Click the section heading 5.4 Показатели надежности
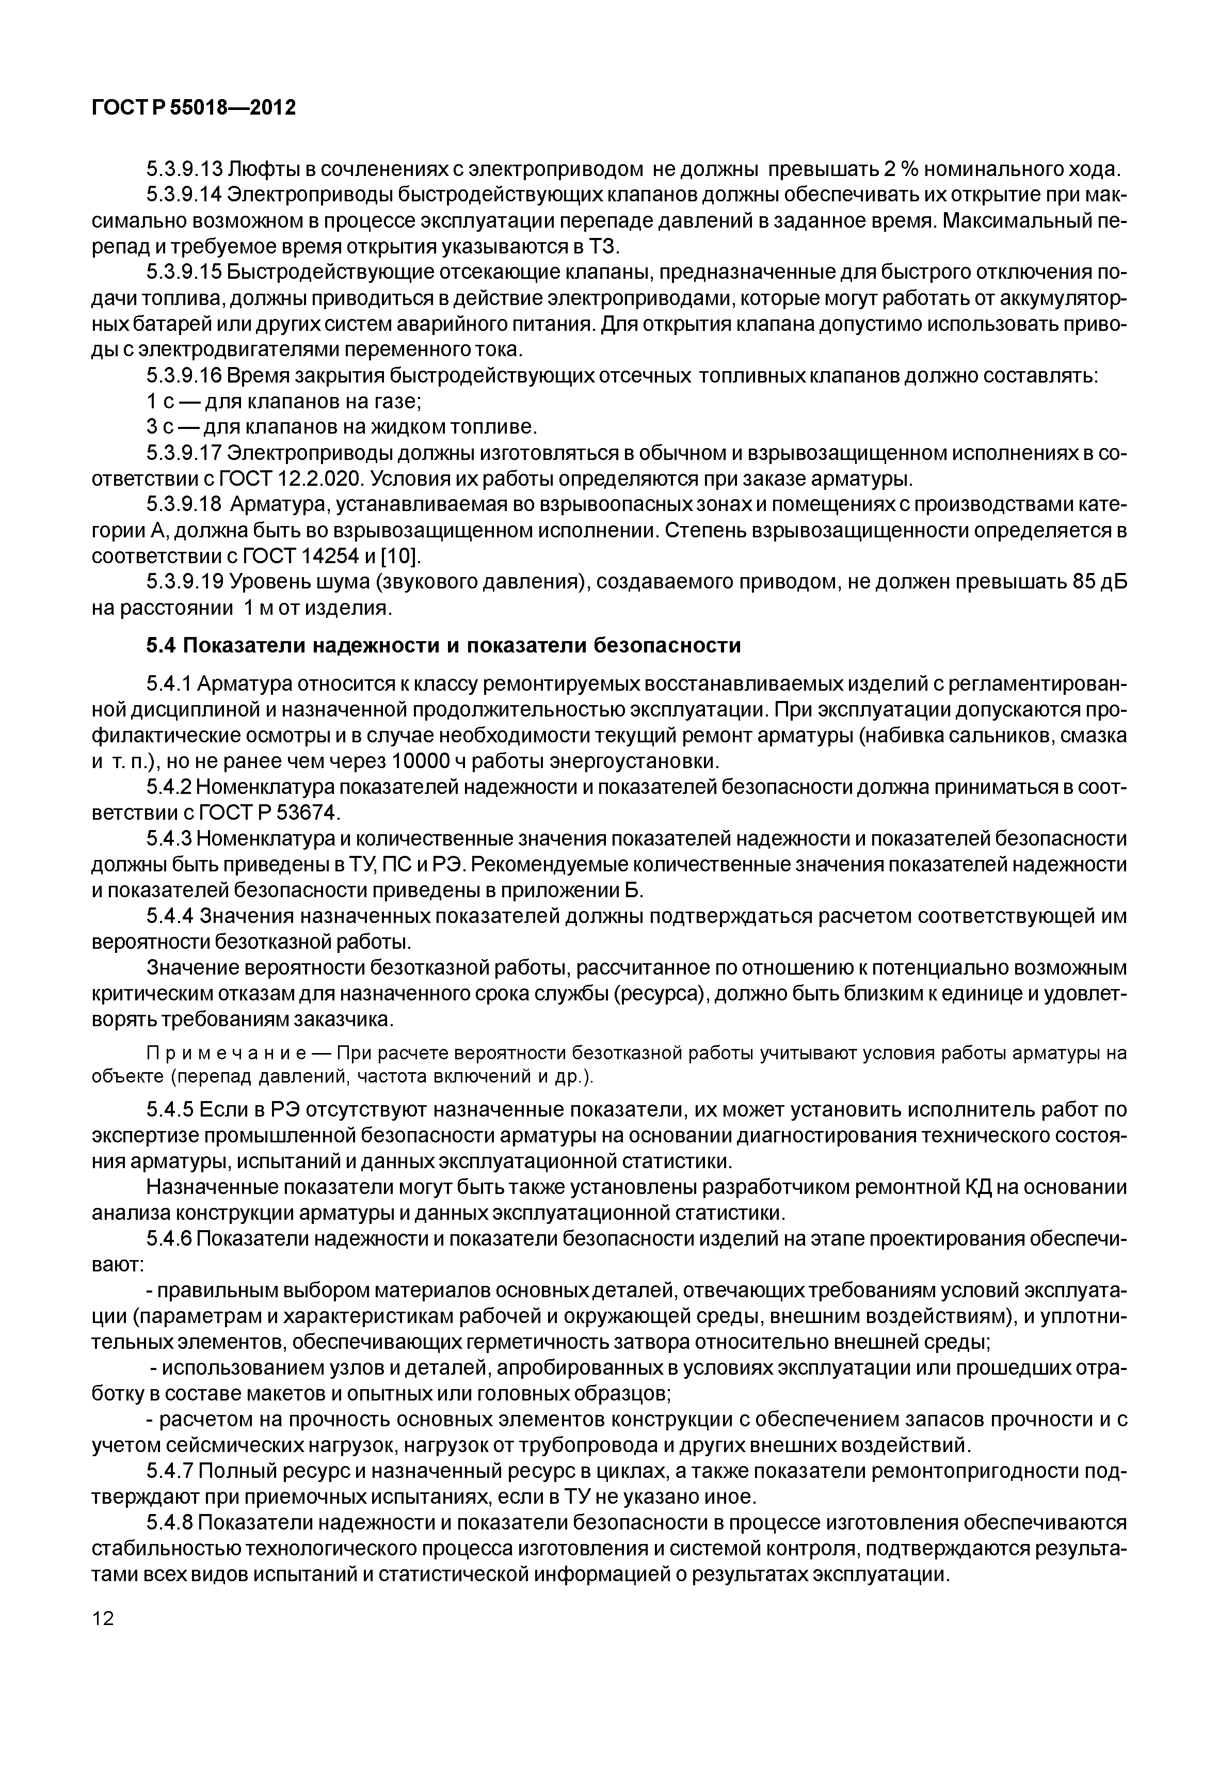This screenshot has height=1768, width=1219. [x=443, y=646]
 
